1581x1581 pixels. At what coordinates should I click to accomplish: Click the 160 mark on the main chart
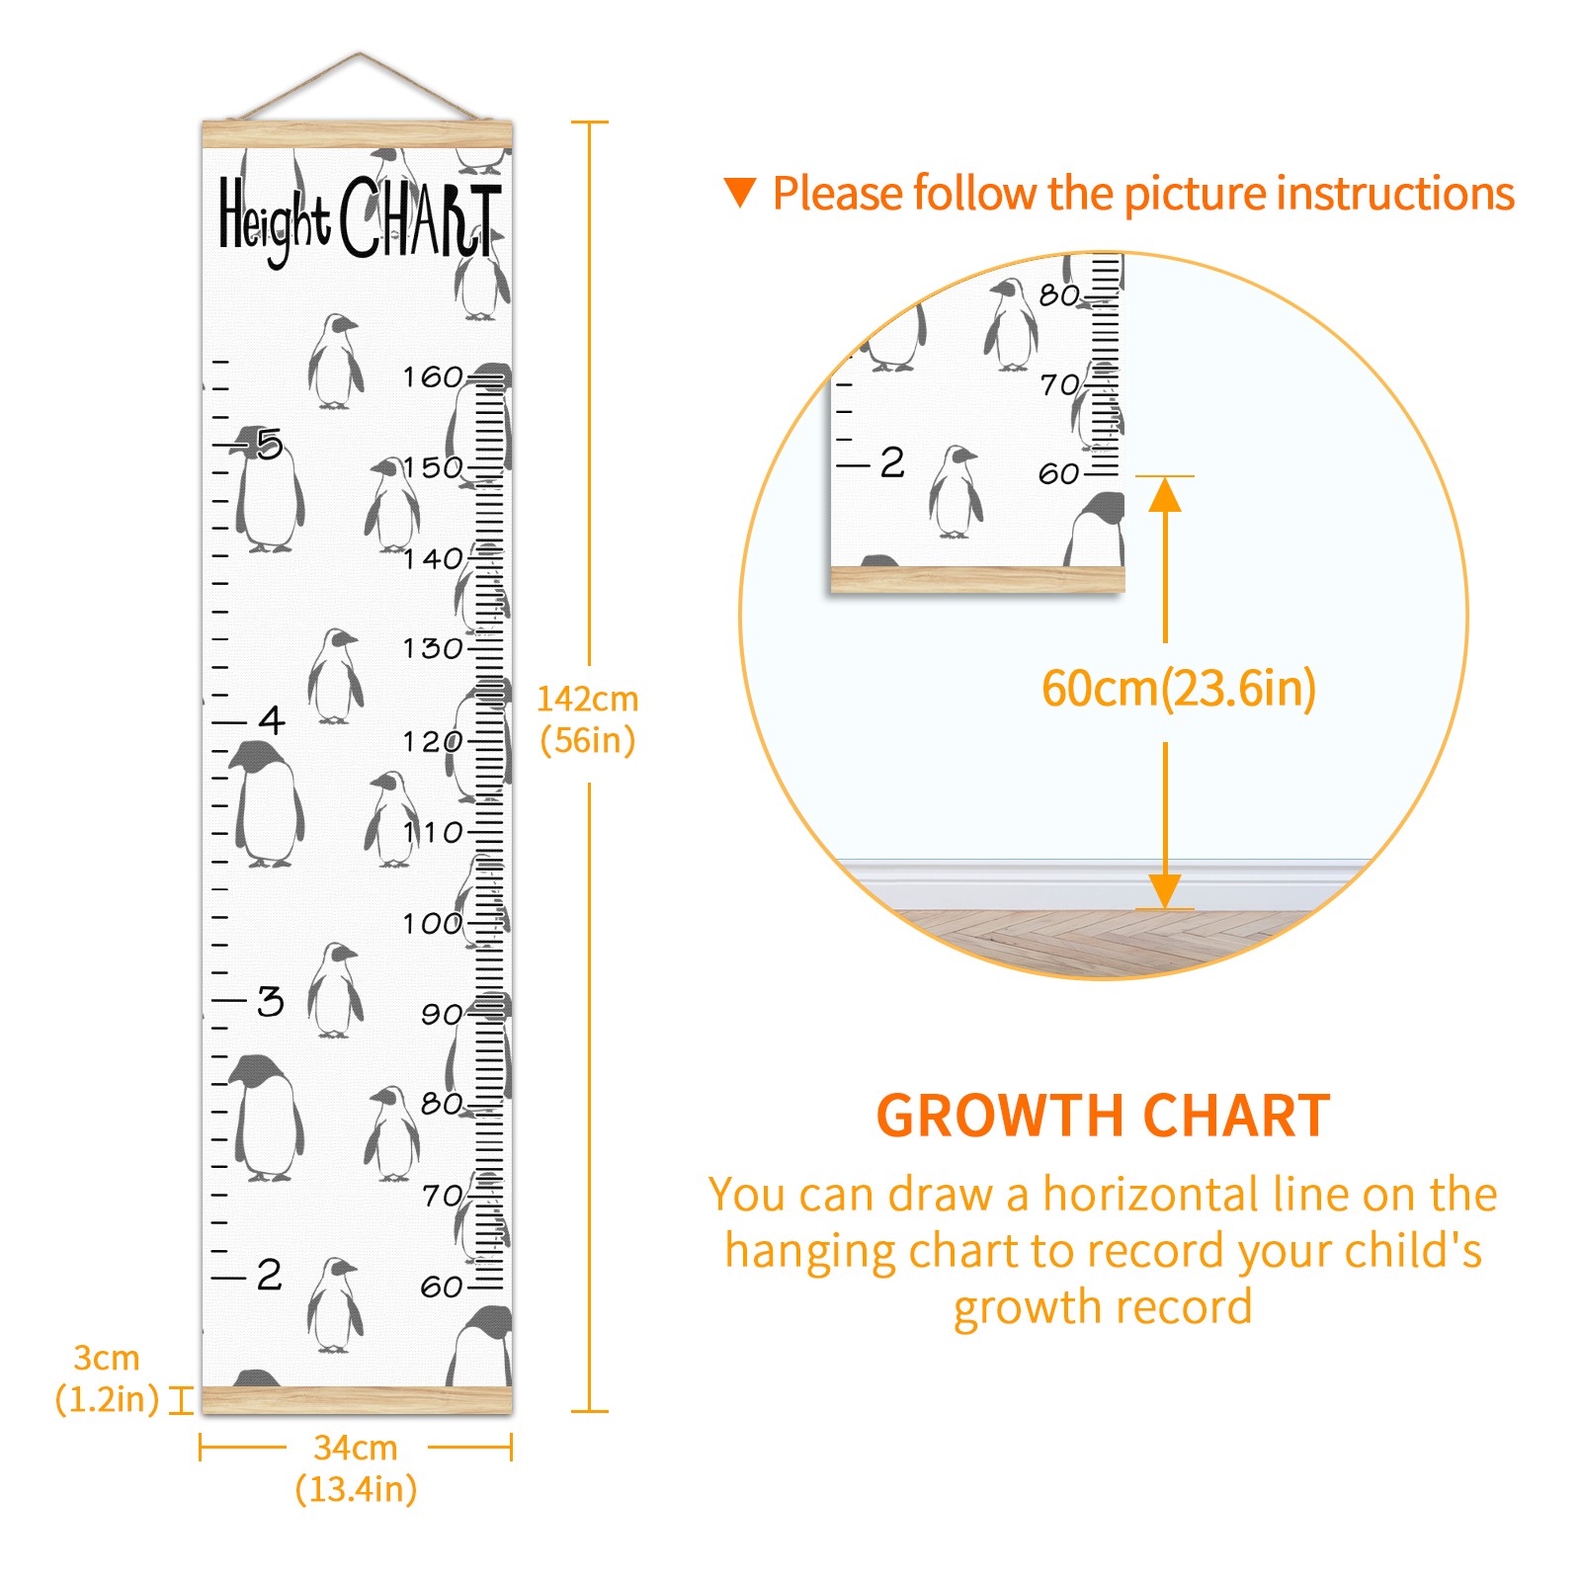(x=433, y=376)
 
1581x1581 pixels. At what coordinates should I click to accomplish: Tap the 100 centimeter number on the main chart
(x=433, y=924)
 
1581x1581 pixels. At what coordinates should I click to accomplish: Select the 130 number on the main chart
(x=433, y=649)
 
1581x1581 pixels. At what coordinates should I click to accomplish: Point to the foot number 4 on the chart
(x=272, y=719)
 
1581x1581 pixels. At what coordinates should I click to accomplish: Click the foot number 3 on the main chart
(x=271, y=1001)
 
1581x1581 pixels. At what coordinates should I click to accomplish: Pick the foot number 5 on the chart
(x=269, y=444)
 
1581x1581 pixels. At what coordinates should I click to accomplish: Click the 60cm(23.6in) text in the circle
(x=1179, y=689)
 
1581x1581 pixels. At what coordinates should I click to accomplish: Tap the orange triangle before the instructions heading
(x=740, y=192)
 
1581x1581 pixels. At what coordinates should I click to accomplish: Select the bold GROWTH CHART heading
(x=1104, y=1117)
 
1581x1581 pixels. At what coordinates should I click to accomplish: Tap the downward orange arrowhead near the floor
(x=1165, y=891)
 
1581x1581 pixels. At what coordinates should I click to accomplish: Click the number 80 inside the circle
(x=1059, y=294)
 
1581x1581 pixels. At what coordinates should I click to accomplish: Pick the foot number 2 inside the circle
(x=892, y=462)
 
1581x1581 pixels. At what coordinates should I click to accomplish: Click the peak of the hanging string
(x=360, y=53)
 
